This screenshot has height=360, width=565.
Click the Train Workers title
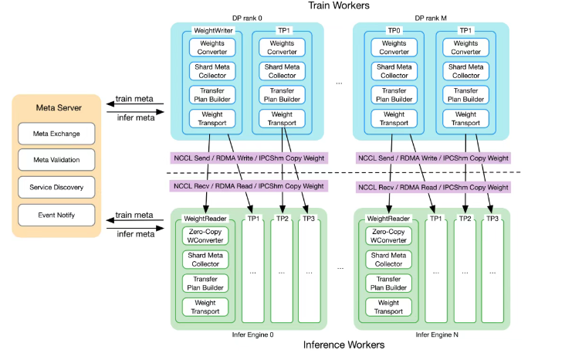pos(338,6)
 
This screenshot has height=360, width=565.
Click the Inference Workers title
pos(338,345)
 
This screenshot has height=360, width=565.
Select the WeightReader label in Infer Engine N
pos(388,219)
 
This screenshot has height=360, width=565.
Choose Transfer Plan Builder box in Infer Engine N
pos(388,282)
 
